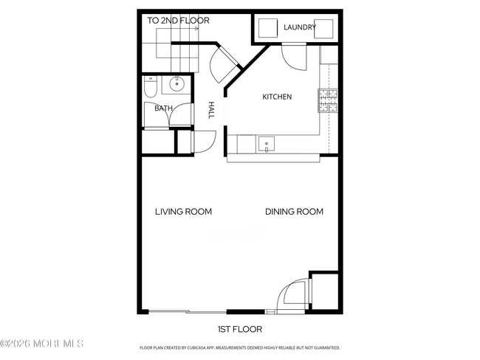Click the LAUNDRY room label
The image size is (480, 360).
[300, 28]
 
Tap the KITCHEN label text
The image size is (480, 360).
[278, 97]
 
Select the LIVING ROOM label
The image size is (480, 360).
[183, 212]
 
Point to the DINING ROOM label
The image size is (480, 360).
[294, 212]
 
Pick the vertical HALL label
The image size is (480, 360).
[211, 111]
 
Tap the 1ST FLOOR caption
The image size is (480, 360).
[239, 329]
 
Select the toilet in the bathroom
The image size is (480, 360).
[150, 88]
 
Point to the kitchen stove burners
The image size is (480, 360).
[327, 100]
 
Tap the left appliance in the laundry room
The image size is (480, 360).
[267, 29]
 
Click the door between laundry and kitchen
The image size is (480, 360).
[293, 56]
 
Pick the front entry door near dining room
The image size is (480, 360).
[291, 296]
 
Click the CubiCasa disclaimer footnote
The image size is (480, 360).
[239, 347]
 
